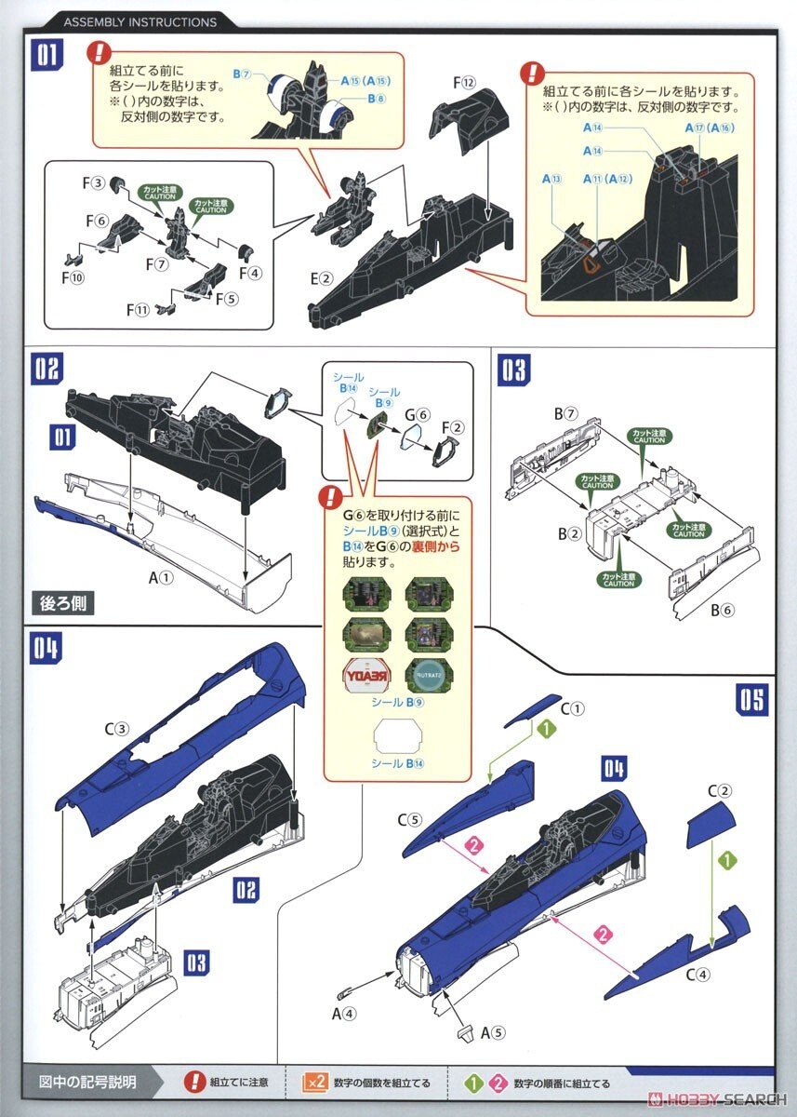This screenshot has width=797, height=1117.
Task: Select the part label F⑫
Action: pyautogui.click(x=466, y=83)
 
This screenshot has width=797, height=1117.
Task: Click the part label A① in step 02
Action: pyautogui.click(x=161, y=577)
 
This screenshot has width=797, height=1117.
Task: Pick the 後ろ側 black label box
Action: pyautogui.click(x=63, y=602)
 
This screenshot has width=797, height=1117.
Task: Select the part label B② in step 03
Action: pyautogui.click(x=570, y=535)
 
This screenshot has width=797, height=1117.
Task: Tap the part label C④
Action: pyautogui.click(x=698, y=975)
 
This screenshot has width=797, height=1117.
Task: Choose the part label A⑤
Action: pyautogui.click(x=493, y=1031)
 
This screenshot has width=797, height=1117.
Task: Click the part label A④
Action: pyautogui.click(x=343, y=1013)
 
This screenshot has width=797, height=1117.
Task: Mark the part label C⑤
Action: pyautogui.click(x=411, y=820)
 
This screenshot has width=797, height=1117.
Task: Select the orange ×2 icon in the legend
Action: pyautogui.click(x=314, y=1083)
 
